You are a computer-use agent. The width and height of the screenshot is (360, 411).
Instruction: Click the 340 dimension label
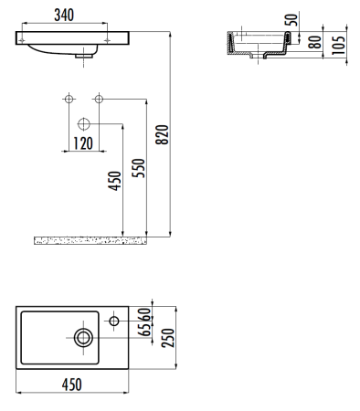(63, 16)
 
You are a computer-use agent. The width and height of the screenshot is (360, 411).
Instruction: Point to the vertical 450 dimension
(115, 183)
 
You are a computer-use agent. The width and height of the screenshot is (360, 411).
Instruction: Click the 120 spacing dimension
(83, 143)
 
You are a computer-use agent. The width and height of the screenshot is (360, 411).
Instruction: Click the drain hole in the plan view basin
(83, 337)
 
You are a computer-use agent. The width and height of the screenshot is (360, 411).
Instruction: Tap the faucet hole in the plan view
(113, 321)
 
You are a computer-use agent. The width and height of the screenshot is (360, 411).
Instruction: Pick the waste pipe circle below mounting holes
(84, 122)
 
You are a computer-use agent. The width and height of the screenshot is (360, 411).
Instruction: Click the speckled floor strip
(78, 240)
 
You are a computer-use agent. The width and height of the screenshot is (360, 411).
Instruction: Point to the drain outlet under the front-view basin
(87, 55)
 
